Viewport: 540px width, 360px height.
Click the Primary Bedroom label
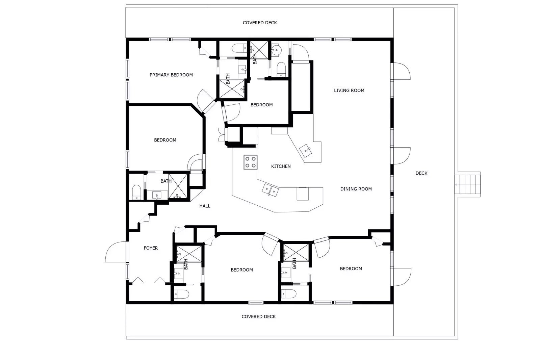[x=171, y=75]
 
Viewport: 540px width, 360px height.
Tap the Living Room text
[x=349, y=91]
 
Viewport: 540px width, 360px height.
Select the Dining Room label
[x=356, y=189]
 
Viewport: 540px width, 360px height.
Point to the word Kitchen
[x=281, y=166]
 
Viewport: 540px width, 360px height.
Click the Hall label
[x=205, y=206]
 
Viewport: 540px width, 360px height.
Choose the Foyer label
[x=151, y=248]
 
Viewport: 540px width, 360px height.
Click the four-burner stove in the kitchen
[x=251, y=162]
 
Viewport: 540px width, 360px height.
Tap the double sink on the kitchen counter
[x=270, y=190]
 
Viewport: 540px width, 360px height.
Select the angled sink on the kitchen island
[x=306, y=151]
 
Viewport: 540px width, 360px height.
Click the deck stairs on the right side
[x=467, y=184]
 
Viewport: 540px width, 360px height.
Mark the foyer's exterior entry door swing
[x=115, y=252]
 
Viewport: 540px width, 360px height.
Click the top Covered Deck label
[x=260, y=23]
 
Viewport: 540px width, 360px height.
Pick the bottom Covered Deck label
[x=259, y=316]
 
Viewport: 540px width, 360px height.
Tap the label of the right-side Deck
[x=421, y=173]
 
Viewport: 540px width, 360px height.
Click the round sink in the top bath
[x=276, y=50]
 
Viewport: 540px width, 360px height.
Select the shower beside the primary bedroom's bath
[x=232, y=89]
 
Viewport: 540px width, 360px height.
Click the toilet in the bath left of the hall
[x=136, y=192]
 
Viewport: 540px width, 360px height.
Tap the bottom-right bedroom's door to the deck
[x=401, y=277]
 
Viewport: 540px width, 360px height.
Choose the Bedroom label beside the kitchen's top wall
[x=262, y=105]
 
